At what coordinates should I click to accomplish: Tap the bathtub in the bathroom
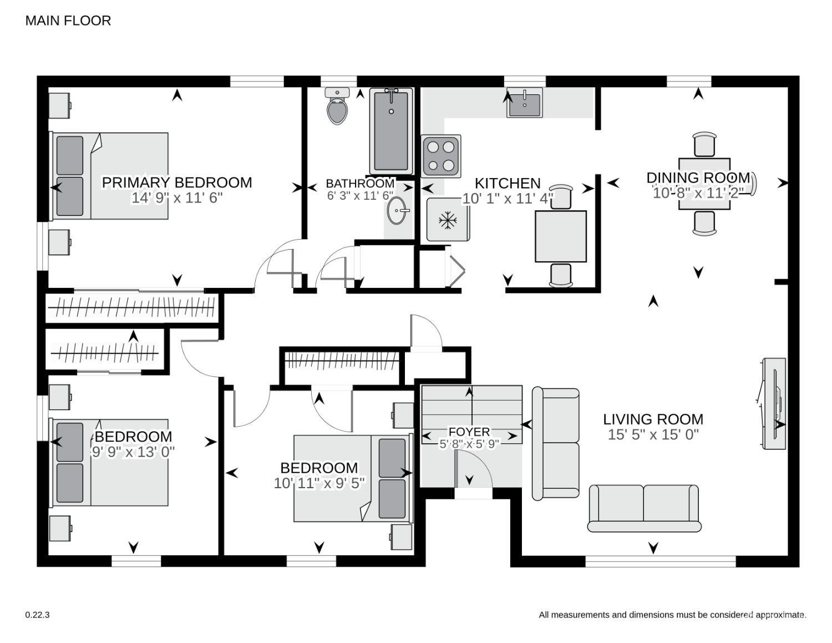[x=391, y=131]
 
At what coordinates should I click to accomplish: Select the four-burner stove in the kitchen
[x=441, y=156]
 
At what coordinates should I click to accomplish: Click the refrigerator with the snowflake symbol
[x=448, y=220]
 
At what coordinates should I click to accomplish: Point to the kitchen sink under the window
[x=524, y=102]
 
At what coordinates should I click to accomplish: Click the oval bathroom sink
[x=397, y=210]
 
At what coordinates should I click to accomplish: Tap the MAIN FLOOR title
[x=68, y=21]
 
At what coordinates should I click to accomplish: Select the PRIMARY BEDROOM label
[x=177, y=183]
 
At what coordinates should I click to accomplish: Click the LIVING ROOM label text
[x=653, y=419]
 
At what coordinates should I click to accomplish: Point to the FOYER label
[x=469, y=432]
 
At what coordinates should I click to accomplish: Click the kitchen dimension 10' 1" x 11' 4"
[x=508, y=199]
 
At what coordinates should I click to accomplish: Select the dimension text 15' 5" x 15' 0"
[x=653, y=434]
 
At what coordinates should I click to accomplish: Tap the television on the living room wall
[x=774, y=403]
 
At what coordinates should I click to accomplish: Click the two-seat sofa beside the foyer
[x=556, y=443]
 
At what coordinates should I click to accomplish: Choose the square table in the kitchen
[x=561, y=236]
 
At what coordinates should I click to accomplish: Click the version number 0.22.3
[x=38, y=615]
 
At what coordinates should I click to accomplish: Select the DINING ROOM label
[x=698, y=178]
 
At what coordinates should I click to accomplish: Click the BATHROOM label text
[x=360, y=184]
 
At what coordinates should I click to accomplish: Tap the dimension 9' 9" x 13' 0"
[x=133, y=452]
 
